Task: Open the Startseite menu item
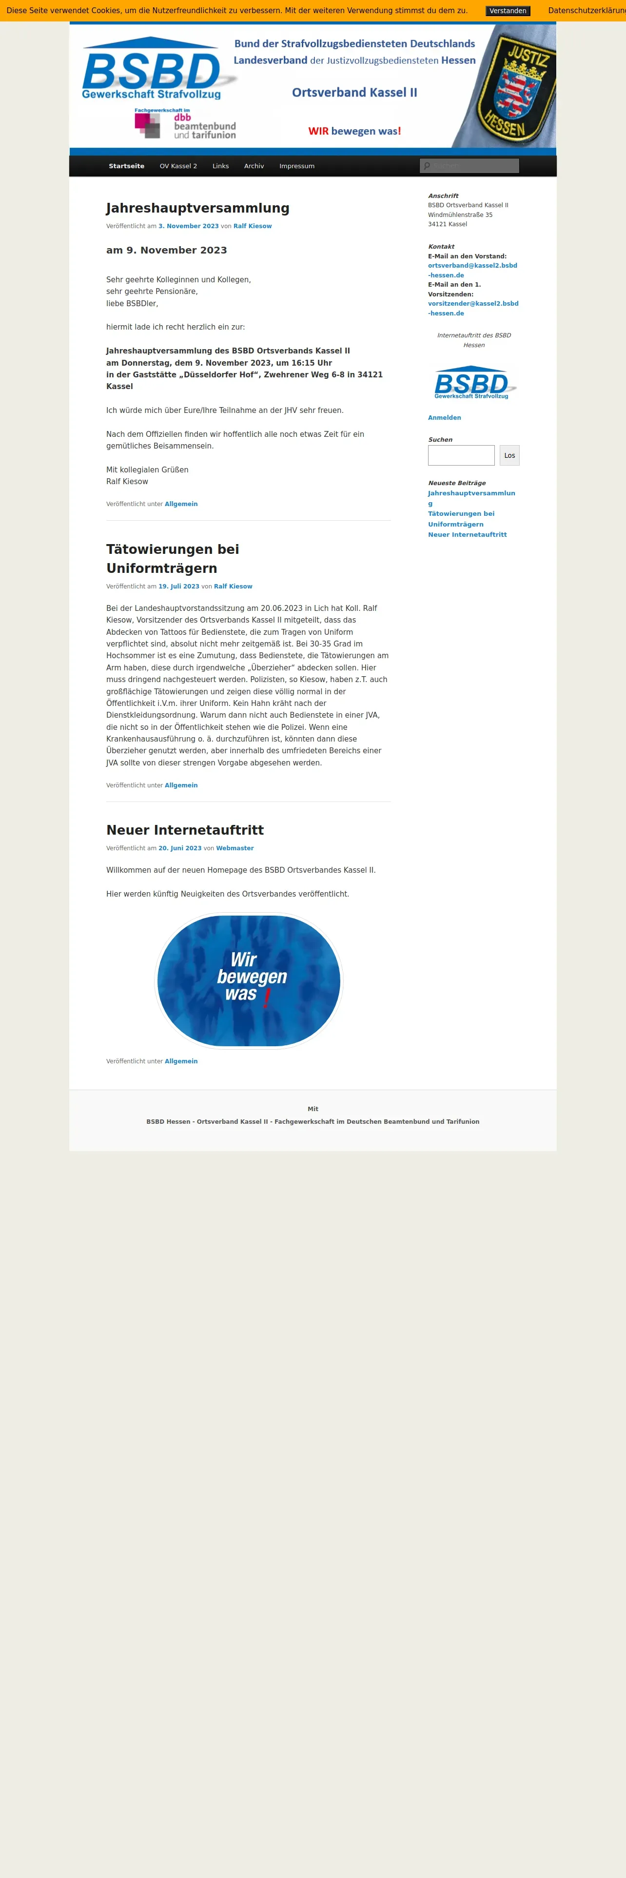click(126, 166)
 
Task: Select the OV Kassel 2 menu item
click(178, 166)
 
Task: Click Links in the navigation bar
click(220, 166)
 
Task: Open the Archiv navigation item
click(254, 166)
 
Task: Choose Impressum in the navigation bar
click(296, 166)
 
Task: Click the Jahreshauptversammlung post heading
click(197, 209)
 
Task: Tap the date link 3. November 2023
click(188, 226)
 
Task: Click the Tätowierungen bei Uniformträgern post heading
click(173, 558)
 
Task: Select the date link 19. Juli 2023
click(178, 586)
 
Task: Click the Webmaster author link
click(235, 848)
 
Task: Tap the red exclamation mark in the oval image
click(267, 998)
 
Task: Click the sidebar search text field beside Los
click(461, 456)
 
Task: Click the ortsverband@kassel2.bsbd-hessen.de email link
click(472, 270)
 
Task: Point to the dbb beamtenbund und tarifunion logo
click(185, 124)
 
